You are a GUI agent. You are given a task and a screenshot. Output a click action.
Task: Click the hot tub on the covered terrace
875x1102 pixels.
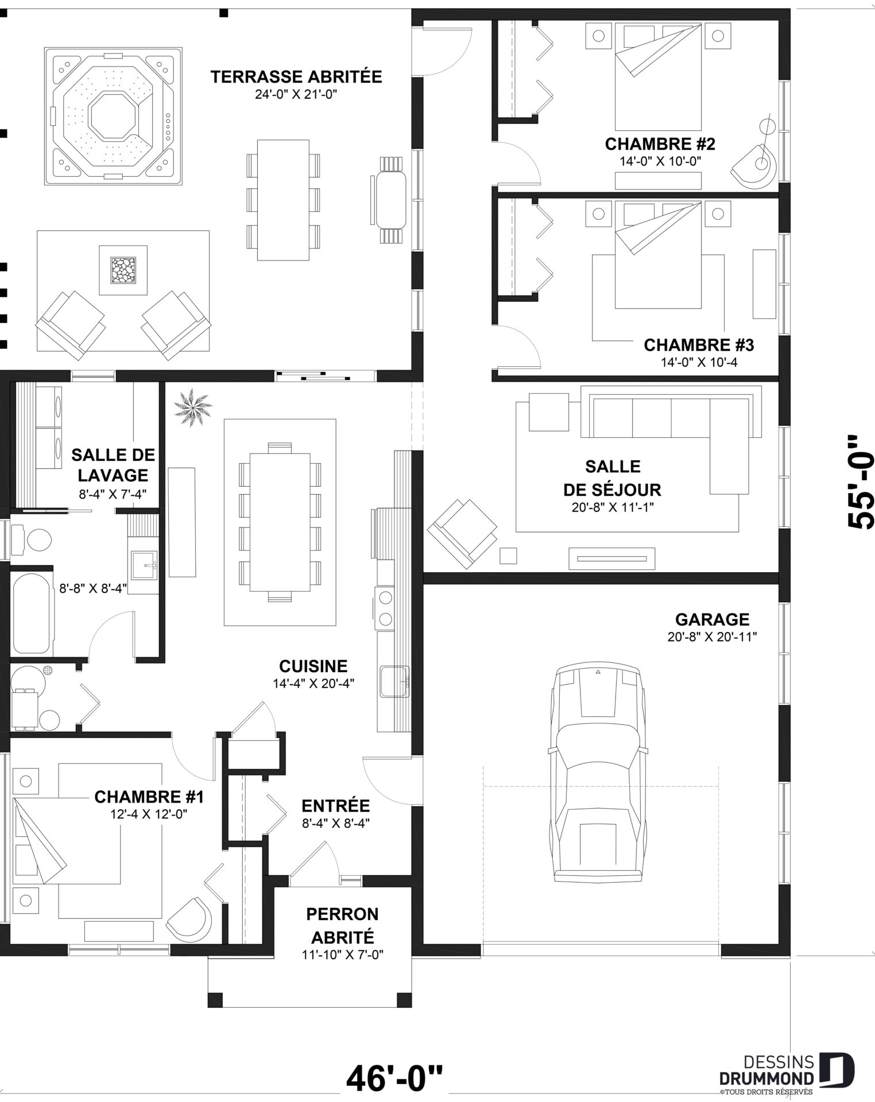click(x=114, y=116)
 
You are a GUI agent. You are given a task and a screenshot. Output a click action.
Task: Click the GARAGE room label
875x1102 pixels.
click(x=712, y=620)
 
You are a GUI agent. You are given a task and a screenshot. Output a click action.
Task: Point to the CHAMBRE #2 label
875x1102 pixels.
click(x=660, y=143)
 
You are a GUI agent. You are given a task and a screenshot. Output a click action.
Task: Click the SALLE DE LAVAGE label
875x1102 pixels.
click(x=113, y=465)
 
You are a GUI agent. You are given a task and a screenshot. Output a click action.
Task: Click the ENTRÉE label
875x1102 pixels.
click(x=335, y=806)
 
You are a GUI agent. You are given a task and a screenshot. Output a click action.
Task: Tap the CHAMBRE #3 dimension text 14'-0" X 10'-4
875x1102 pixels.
click(x=699, y=363)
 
